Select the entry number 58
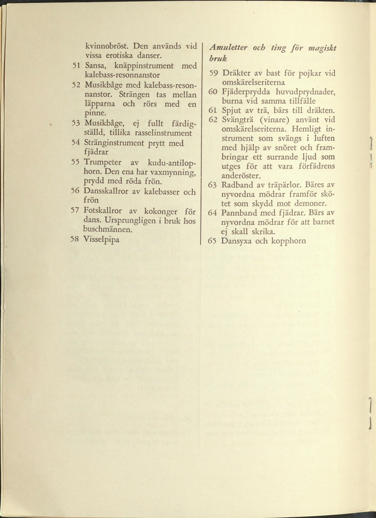[x=74, y=239]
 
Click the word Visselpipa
[x=101, y=240]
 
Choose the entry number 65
[x=212, y=241]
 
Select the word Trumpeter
[x=102, y=162]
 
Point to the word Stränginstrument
[x=114, y=143]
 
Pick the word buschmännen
[x=108, y=229]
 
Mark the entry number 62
[x=212, y=120]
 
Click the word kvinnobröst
[x=107, y=46]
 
